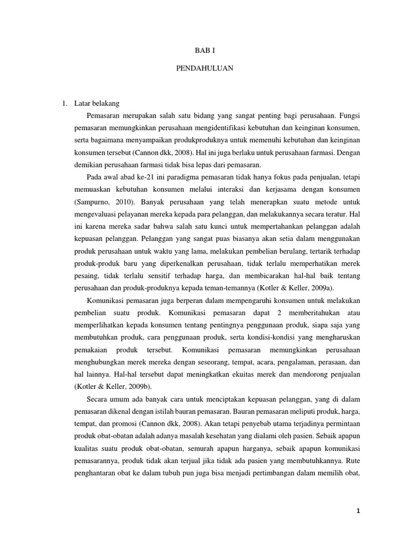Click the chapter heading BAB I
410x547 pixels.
click(x=205, y=50)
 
